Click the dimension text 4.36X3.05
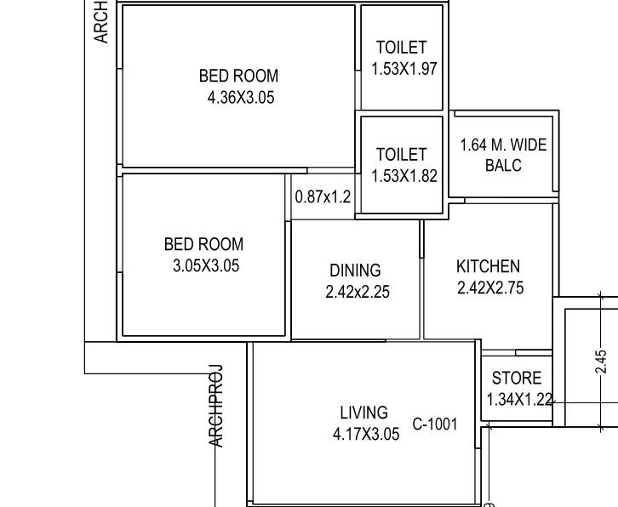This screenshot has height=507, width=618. [241, 98]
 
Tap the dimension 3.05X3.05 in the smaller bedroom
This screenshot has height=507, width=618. [206, 265]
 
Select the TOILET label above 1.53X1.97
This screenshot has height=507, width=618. [401, 48]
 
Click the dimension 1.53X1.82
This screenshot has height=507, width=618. [404, 176]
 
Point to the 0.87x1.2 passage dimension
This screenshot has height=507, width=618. [323, 197]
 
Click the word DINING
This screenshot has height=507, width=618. [355, 271]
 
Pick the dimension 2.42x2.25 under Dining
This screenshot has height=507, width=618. [358, 292]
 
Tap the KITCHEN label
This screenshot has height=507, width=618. [488, 266]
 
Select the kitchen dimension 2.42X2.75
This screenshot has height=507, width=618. [490, 288]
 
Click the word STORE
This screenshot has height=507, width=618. [516, 379]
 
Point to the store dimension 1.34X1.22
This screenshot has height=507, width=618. [519, 399]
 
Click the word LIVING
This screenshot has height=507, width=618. [363, 413]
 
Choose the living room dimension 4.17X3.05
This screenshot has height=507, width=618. [365, 435]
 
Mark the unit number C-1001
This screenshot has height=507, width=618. [435, 424]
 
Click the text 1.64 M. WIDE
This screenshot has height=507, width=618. [503, 145]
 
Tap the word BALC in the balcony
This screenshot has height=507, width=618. [503, 165]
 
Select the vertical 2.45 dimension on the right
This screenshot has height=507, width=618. [602, 362]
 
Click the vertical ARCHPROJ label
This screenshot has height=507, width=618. [216, 406]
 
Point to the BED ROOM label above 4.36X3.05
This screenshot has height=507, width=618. [238, 77]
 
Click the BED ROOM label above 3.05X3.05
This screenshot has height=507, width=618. [203, 245]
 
